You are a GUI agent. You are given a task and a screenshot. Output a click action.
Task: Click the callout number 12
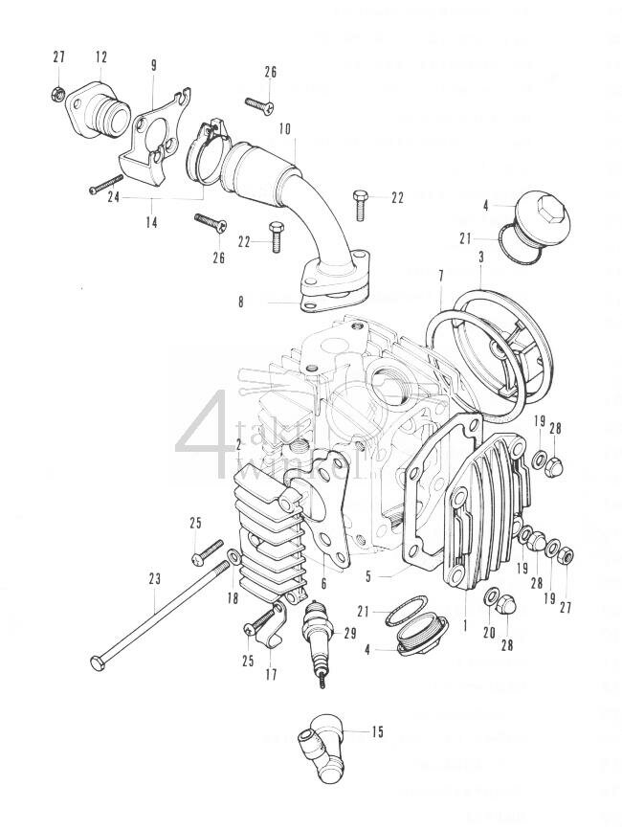pos(101,57)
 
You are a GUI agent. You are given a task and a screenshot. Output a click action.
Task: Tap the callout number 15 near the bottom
pos(377,731)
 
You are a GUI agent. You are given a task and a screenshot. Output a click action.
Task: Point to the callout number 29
pos(349,633)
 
